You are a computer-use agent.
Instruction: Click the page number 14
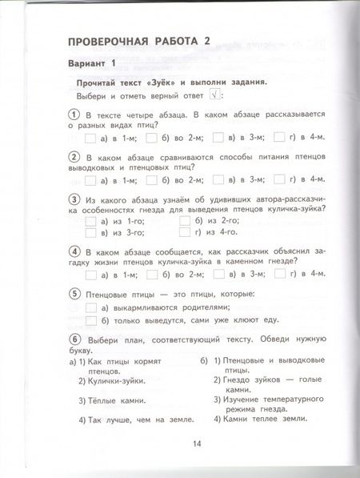[197, 445]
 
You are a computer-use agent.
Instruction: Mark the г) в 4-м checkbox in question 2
[282, 179]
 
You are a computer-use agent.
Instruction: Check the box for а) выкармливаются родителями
[90, 307]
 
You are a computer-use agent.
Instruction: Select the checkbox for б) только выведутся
[90, 321]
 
